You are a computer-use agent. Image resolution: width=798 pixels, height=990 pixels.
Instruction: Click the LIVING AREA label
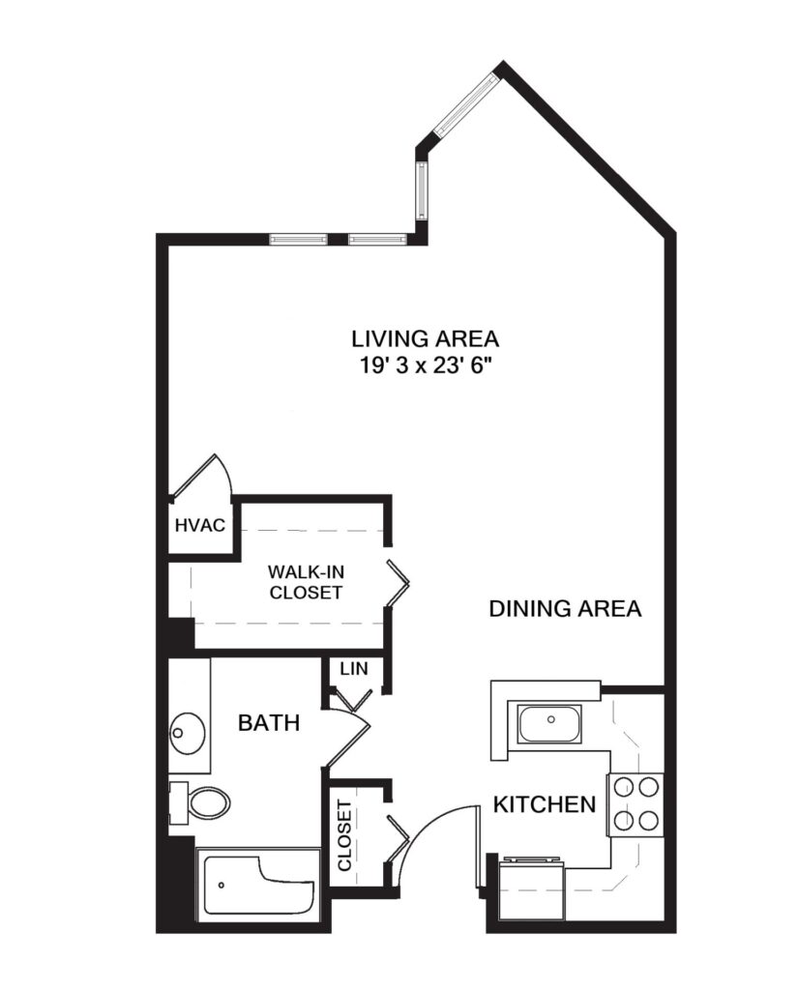(x=425, y=339)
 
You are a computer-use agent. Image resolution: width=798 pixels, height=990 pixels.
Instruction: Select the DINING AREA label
(x=565, y=609)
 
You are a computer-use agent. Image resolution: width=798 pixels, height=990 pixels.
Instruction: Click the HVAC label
(x=200, y=526)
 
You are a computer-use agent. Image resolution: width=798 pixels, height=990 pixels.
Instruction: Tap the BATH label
(x=269, y=722)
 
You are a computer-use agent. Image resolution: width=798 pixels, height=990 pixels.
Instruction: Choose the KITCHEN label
(x=545, y=804)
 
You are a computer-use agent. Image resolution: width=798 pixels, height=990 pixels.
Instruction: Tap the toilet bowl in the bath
(x=207, y=801)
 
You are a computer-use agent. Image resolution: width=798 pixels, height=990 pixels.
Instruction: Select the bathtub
(x=258, y=885)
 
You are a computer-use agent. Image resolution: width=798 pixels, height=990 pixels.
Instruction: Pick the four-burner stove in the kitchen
(x=635, y=804)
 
